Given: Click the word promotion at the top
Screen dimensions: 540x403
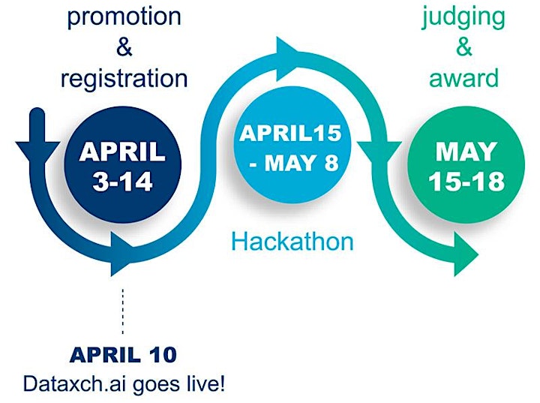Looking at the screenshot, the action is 124,17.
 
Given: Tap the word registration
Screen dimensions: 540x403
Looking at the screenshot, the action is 124,79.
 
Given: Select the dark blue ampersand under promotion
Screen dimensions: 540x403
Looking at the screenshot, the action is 124,47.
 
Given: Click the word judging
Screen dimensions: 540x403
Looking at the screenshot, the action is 463,18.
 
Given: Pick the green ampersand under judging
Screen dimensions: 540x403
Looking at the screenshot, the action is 464,47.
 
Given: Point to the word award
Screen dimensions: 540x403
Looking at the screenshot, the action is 464,78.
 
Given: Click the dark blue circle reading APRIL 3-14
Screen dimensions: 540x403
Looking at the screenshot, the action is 123,164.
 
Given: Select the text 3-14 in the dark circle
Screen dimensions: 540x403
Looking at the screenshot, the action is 122,182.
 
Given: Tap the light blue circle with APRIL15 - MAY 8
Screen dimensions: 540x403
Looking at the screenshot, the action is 292,144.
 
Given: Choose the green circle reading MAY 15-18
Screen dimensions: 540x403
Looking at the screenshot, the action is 466,164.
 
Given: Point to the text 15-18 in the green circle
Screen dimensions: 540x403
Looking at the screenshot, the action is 466,182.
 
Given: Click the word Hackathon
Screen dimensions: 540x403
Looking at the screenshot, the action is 292,242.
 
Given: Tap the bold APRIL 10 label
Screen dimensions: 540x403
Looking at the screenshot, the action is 123,355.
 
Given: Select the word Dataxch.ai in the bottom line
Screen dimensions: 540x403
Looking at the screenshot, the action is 76,383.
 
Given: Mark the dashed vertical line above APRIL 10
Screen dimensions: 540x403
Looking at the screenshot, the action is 122,311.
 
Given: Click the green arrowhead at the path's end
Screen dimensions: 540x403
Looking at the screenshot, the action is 466,254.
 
